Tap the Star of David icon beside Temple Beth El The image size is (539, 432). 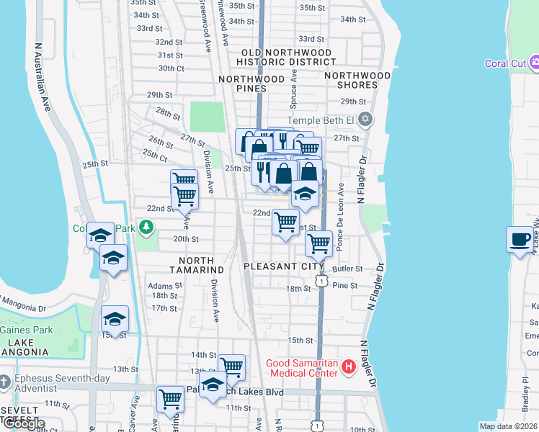[x=365, y=119]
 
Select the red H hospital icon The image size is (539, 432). [x=349, y=367]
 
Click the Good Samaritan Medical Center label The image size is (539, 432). [x=303, y=367]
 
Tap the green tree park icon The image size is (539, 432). [x=147, y=228]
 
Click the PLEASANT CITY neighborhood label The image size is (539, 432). [x=283, y=266]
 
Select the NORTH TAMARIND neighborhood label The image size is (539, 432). [x=197, y=264]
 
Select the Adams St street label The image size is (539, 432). [x=161, y=285]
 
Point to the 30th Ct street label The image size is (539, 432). [x=171, y=68]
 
